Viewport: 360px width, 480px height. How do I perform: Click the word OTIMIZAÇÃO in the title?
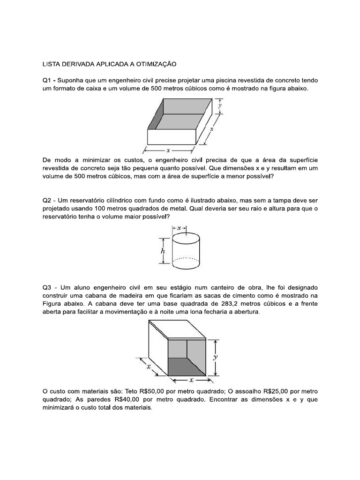pos(153,63)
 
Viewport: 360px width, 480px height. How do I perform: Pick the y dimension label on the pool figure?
pos(219,106)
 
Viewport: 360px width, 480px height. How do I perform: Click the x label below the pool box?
pos(168,150)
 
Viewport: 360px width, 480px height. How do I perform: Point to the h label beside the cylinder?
pos(163,251)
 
